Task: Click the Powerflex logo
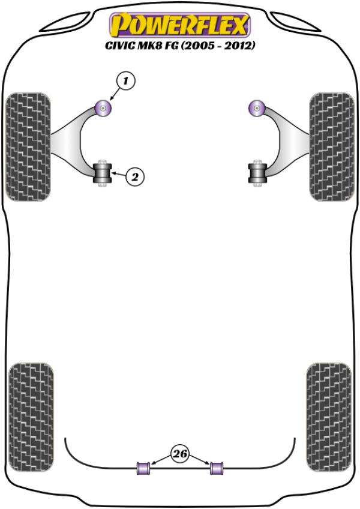click(180, 25)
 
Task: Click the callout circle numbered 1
click(125, 80)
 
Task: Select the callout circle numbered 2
click(135, 176)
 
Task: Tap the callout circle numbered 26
click(180, 453)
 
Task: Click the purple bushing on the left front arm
click(104, 109)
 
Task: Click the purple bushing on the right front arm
click(257, 109)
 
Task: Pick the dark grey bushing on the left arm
click(103, 173)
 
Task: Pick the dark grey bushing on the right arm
click(257, 173)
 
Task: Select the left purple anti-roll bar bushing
click(143, 468)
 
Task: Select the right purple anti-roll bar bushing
click(217, 468)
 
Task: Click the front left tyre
click(28, 146)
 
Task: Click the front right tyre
click(332, 146)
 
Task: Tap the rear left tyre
click(31, 417)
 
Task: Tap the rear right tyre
click(329, 417)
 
